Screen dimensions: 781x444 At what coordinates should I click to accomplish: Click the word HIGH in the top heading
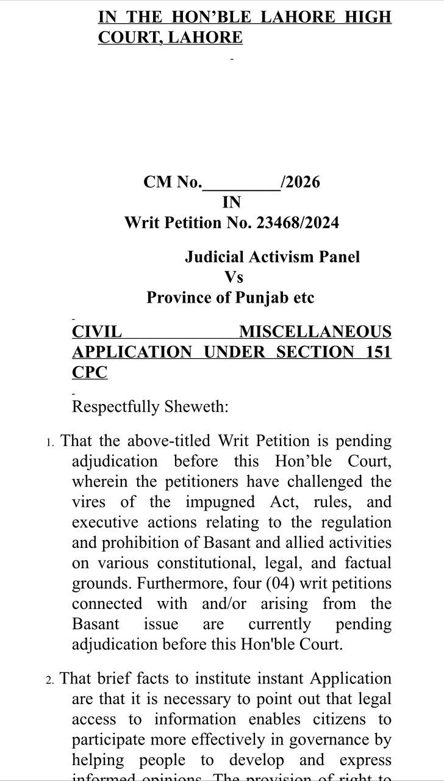point(368,17)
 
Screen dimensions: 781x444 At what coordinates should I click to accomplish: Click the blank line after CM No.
point(241,182)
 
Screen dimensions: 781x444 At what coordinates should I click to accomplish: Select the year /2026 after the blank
point(300,182)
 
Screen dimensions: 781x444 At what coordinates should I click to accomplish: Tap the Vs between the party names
point(234,277)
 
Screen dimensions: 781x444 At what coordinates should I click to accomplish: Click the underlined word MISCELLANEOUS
point(315,332)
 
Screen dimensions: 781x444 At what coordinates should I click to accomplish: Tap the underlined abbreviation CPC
point(90,372)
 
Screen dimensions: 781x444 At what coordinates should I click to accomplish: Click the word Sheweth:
point(196,407)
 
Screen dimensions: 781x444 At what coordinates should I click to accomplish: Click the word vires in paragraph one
point(88,502)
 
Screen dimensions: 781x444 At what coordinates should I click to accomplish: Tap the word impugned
point(221,502)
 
